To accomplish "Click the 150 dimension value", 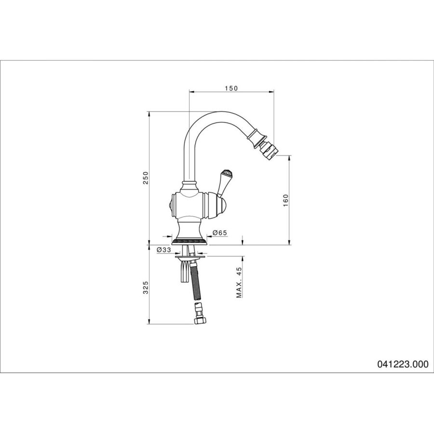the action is pos(231,88).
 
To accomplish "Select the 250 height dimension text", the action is pos(146,177).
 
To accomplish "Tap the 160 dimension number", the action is pos(285,200).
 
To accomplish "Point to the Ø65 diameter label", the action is pos(220,233).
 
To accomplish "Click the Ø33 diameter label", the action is pos(163,250).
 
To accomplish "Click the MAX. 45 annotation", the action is pos(239,282).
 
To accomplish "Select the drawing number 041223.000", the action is pos(403,364).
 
